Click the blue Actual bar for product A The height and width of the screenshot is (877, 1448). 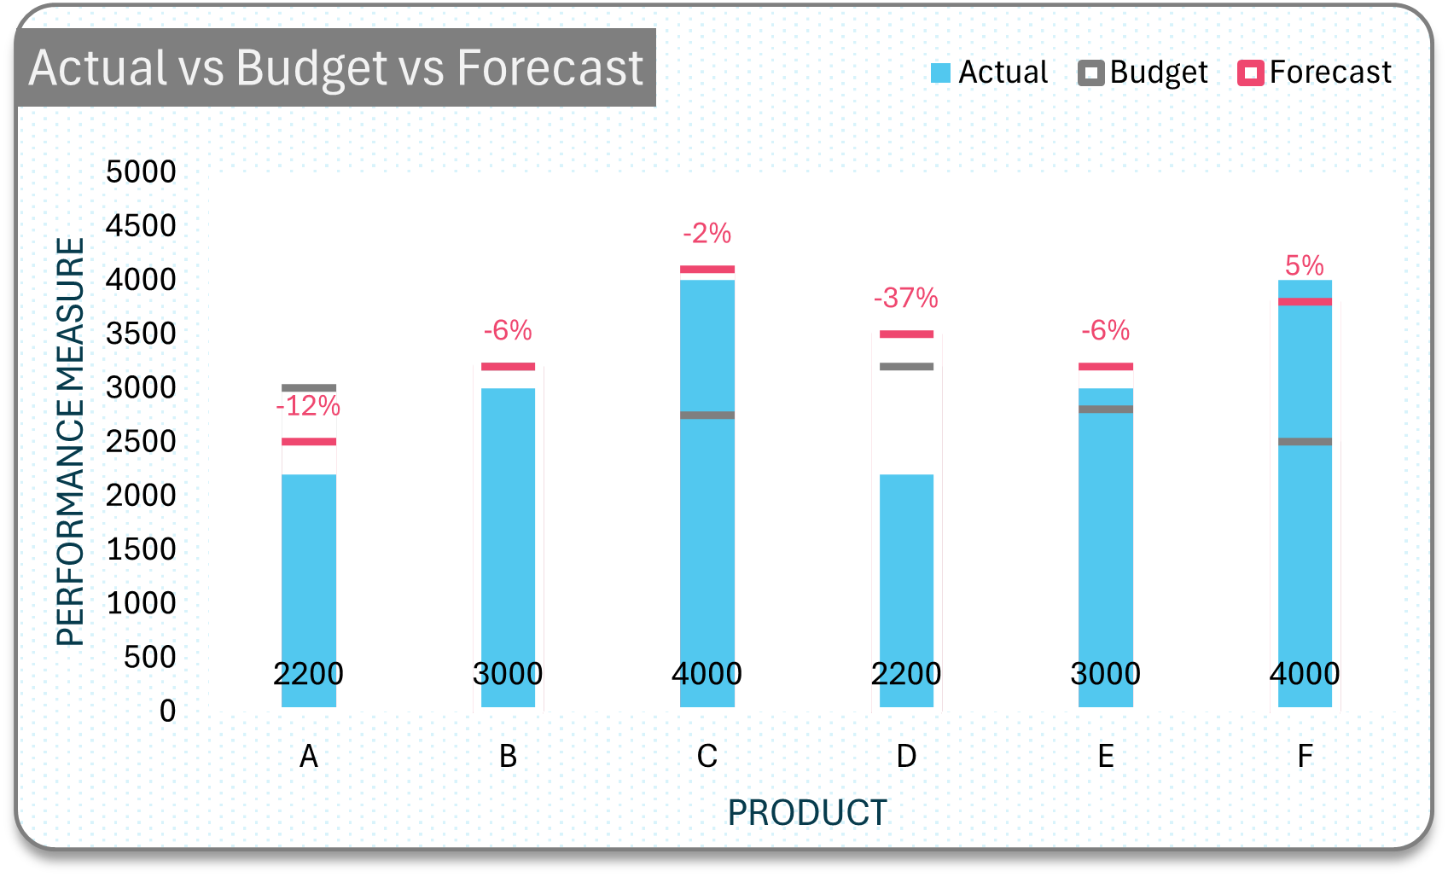pyautogui.click(x=308, y=590)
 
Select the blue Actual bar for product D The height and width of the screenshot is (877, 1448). pyautogui.click(x=906, y=590)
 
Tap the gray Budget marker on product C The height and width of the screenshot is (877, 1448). pyautogui.click(x=707, y=415)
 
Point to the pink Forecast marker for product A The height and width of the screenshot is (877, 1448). pyautogui.click(x=308, y=441)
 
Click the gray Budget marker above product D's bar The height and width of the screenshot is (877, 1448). pyautogui.click(x=906, y=367)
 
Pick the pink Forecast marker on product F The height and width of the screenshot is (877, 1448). pyautogui.click(x=1306, y=301)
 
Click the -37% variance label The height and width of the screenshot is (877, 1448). pyautogui.click(x=905, y=298)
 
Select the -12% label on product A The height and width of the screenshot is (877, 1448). pyautogui.click(x=308, y=406)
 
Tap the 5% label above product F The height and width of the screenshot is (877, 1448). pyautogui.click(x=1305, y=265)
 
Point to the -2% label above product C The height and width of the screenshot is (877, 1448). pyautogui.click(x=707, y=233)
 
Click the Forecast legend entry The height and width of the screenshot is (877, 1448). pyautogui.click(x=1315, y=73)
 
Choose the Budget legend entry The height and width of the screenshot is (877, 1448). pyautogui.click(x=1143, y=73)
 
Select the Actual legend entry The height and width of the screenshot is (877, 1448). pyautogui.click(x=989, y=73)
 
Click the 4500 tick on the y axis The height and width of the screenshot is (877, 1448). pyautogui.click(x=141, y=225)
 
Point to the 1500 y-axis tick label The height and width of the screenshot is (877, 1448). pyautogui.click(x=141, y=549)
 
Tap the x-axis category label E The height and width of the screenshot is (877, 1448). pyautogui.click(x=1106, y=756)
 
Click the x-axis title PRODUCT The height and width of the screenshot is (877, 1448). pyautogui.click(x=807, y=812)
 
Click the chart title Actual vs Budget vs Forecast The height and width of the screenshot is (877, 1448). pyautogui.click(x=336, y=67)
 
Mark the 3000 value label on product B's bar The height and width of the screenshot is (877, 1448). pyautogui.click(x=508, y=674)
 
